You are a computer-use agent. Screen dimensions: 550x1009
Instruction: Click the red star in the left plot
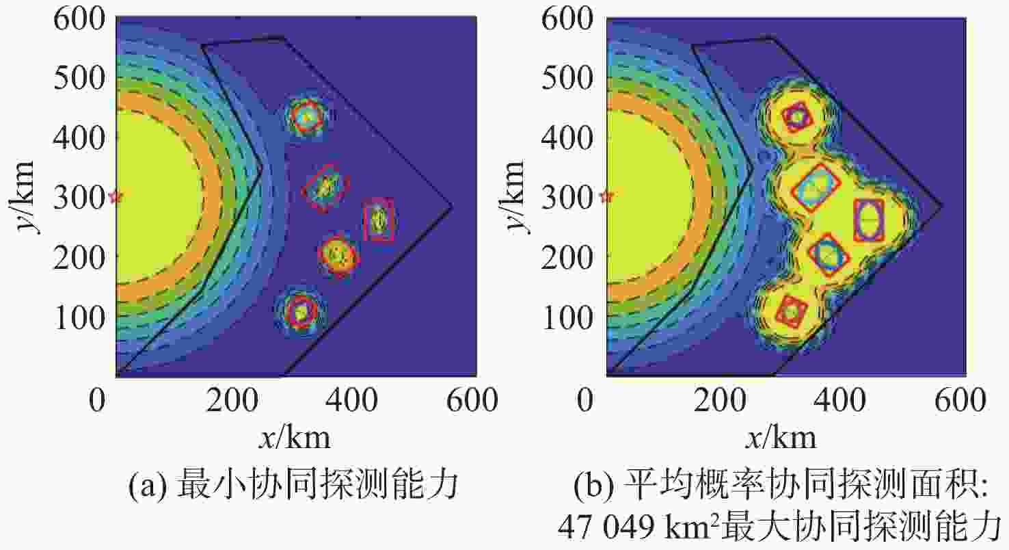pos(116,197)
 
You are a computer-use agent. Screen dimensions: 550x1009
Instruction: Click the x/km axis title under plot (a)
pos(295,436)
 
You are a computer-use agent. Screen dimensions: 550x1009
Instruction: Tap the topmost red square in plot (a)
pos(306,116)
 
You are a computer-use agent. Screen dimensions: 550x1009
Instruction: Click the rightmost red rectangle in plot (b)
pos(869,220)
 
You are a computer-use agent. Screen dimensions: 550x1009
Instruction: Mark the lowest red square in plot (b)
pos(792,311)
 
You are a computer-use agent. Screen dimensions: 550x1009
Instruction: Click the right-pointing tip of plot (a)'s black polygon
pos(452,206)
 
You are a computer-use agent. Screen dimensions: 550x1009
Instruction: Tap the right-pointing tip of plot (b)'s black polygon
pos(942,206)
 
